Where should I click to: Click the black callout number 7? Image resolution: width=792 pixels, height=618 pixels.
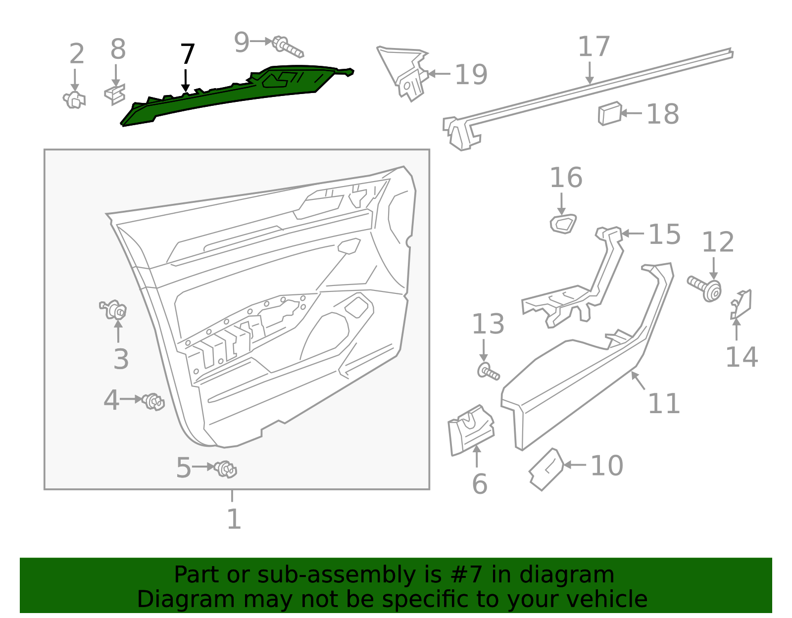(x=187, y=54)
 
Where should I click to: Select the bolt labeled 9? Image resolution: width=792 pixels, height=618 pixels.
(x=288, y=47)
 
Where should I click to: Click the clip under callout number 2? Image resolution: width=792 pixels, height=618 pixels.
(x=75, y=100)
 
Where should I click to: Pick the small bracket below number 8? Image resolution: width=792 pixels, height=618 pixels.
(x=115, y=94)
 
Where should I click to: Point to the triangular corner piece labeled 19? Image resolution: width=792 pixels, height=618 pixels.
(x=403, y=72)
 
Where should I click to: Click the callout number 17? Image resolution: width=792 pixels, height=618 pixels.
(x=594, y=47)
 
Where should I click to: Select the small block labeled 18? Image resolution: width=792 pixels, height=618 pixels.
(x=609, y=113)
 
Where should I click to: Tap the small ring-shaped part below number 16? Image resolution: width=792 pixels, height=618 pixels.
(x=563, y=224)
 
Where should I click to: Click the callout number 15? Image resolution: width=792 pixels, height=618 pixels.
(x=664, y=234)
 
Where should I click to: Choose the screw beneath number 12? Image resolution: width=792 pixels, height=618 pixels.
(x=705, y=288)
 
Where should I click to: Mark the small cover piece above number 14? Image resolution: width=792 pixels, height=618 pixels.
(x=741, y=304)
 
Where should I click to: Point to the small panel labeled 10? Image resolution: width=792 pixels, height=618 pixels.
(x=546, y=469)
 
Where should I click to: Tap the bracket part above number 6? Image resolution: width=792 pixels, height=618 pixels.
(x=470, y=429)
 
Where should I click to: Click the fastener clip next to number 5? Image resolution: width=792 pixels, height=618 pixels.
(x=226, y=469)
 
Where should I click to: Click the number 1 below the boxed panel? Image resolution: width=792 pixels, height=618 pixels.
(x=233, y=519)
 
